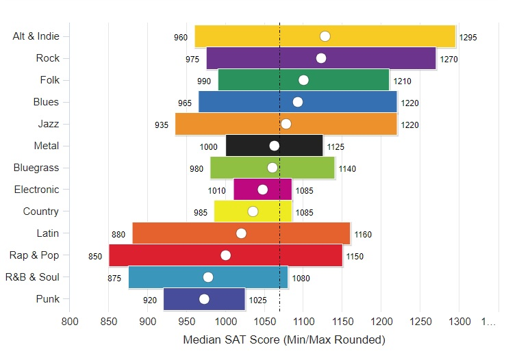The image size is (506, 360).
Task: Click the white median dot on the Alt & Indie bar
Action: pos(325,36)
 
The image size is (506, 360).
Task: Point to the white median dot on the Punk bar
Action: pos(204,299)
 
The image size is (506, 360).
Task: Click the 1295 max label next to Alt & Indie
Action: pos(468,38)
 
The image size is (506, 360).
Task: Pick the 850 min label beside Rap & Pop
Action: pos(95,257)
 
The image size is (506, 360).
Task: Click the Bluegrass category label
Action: pos(36,168)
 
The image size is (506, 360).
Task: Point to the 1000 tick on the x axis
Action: pos(225,321)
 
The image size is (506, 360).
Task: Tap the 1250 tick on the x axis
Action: pos(420,321)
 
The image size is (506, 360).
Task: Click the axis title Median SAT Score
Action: pos(284,339)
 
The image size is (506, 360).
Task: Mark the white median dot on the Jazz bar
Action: pos(286,124)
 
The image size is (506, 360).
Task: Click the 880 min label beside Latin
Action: pos(118,235)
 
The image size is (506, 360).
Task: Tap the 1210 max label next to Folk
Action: pos(402,81)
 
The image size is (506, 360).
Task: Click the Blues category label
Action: pos(46,102)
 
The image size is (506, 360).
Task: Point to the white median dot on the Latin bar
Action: pos(241,233)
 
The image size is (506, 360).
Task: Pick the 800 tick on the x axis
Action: pos(69,321)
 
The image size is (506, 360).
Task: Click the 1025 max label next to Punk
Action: pos(257,300)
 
